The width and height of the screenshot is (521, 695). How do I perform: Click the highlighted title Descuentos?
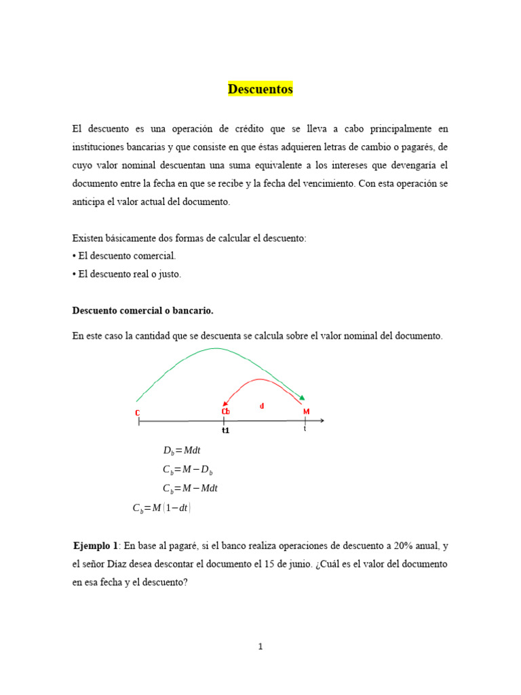coord(260,89)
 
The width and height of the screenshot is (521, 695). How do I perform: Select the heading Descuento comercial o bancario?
coord(142,310)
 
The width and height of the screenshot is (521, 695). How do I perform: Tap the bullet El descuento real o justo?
coord(127,274)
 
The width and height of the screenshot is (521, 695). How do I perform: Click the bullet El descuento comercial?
coord(124,256)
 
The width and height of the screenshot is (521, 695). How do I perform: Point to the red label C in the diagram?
coord(138,412)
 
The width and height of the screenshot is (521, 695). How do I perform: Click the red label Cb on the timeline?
coord(225,411)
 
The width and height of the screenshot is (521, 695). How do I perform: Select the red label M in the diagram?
coord(306,411)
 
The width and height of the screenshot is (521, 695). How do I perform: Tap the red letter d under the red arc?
coord(262,406)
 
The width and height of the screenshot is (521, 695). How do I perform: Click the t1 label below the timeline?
coord(225,430)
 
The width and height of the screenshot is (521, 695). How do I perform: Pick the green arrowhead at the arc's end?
coord(302,398)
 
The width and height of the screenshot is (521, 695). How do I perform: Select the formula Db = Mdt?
coord(182,451)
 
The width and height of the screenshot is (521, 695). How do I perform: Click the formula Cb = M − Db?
coord(188,470)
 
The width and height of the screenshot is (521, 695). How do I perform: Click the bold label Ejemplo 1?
coord(96,546)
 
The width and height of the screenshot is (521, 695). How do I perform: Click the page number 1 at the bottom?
coord(260,647)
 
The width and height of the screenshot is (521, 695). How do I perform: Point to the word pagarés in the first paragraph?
coord(419,147)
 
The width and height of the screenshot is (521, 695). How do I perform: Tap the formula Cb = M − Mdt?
coord(191,488)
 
